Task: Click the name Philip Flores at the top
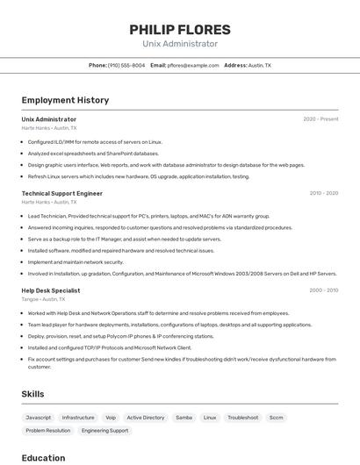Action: pos(179,30)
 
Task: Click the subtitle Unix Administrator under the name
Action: pos(179,44)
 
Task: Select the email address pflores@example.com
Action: pos(192,65)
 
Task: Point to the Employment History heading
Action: pos(65,100)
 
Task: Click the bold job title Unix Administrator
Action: pos(48,119)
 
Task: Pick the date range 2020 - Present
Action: pos(320,119)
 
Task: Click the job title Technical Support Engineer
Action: pos(61,193)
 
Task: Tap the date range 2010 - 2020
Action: pos(323,193)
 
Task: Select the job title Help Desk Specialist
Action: pos(51,290)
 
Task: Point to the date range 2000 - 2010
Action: pos(323,290)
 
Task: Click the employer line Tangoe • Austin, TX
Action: pos(43,299)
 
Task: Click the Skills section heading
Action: pos(32,394)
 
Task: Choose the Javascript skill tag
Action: pos(39,418)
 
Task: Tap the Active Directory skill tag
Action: pos(145,418)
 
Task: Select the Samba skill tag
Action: pos(184,418)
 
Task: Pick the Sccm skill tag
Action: pos(276,418)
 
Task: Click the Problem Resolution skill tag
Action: pos(47,431)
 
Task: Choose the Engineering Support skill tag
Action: pos(104,431)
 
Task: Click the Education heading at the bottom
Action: pos(43,458)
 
